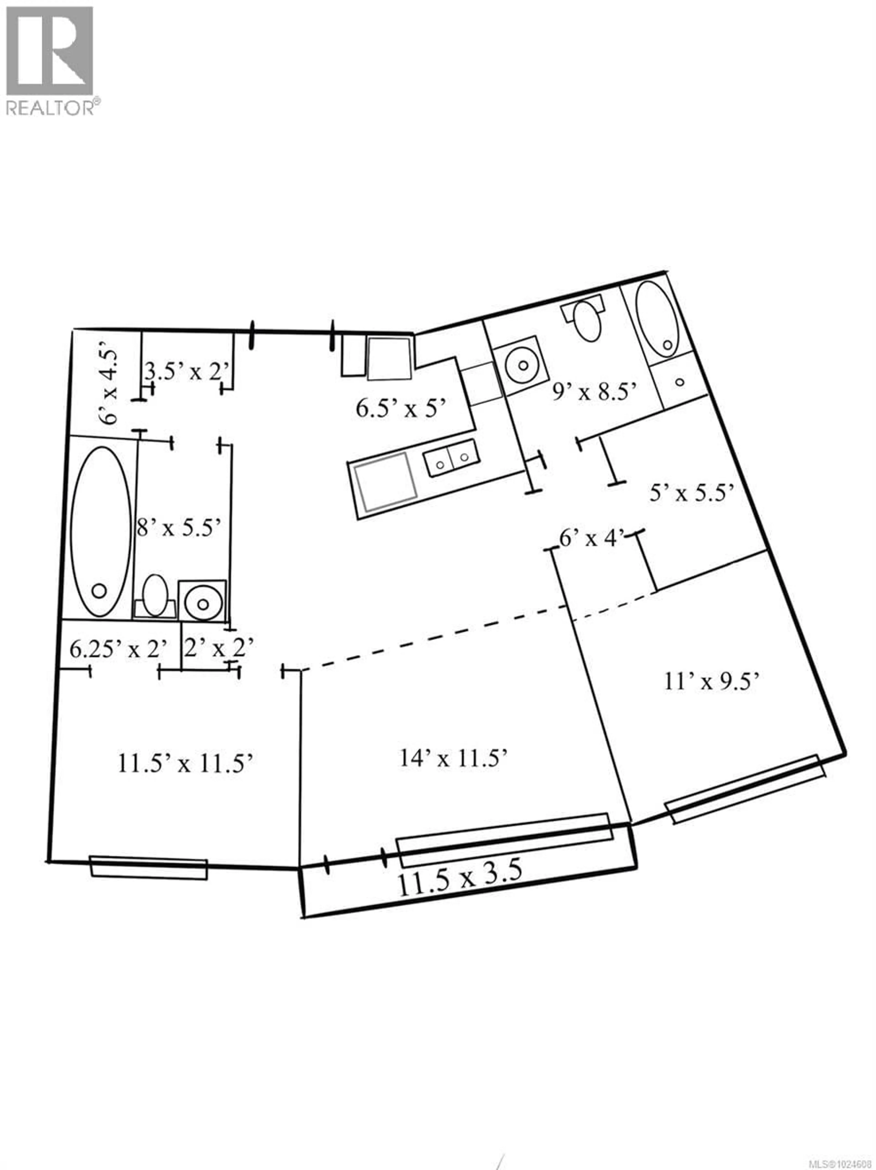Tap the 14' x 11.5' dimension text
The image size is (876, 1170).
(x=454, y=758)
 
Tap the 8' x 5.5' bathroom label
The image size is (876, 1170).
(x=178, y=527)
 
